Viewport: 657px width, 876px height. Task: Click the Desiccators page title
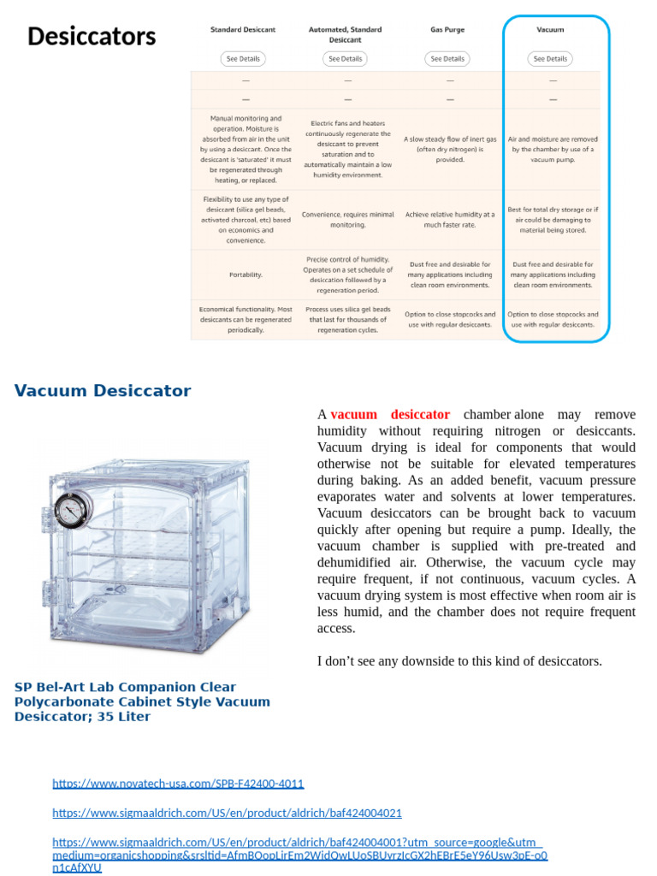tap(92, 37)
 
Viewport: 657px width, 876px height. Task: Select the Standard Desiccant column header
tap(243, 29)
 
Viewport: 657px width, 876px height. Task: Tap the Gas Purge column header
tap(447, 29)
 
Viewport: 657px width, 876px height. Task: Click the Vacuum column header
tap(550, 29)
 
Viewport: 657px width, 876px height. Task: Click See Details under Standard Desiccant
tap(243, 59)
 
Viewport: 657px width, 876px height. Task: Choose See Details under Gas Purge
tap(447, 59)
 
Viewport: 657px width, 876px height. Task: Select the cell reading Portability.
tap(246, 275)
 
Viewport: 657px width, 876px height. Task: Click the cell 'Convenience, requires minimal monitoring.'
tap(346, 220)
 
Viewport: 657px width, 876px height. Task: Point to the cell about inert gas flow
tap(449, 149)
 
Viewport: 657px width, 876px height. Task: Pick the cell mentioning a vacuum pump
tap(553, 149)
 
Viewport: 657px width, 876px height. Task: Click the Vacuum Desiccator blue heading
tap(103, 391)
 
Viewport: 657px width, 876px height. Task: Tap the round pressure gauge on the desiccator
tap(70, 511)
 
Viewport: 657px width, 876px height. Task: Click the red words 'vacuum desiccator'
tap(389, 415)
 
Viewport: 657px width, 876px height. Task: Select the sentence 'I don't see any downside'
tap(459, 661)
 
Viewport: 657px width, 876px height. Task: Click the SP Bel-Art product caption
tap(141, 701)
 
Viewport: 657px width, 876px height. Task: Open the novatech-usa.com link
tap(178, 784)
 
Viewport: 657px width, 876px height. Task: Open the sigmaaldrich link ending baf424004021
tap(227, 813)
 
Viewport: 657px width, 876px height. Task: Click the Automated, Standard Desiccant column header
tap(346, 34)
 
